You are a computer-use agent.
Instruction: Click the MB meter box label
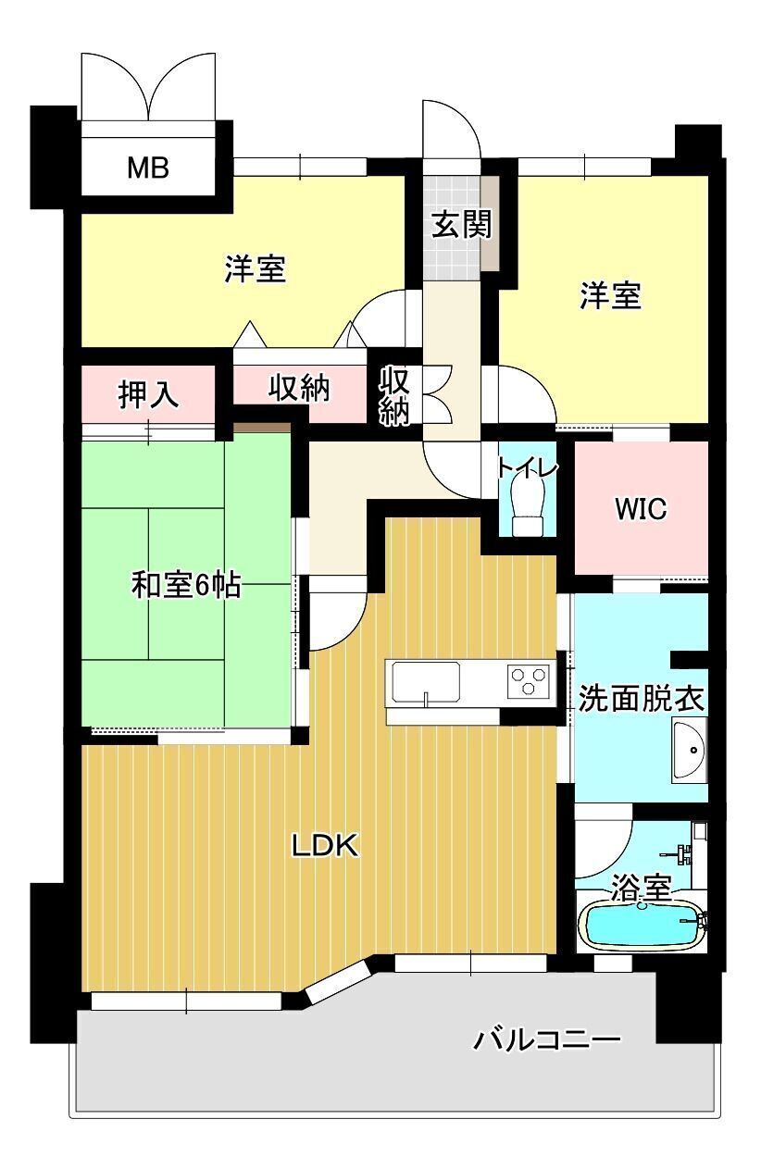tap(148, 168)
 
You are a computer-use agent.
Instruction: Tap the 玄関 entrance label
tap(462, 225)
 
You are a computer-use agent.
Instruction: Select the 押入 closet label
tap(148, 394)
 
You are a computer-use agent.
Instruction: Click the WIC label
tap(641, 509)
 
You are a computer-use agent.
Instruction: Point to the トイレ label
tap(527, 467)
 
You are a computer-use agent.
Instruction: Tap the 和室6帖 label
tap(186, 584)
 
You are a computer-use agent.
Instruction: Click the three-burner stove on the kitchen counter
tap(528, 680)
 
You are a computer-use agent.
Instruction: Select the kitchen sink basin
tap(425, 681)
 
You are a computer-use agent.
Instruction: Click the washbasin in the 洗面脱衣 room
tap(689, 750)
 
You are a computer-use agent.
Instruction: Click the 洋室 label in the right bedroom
tap(610, 295)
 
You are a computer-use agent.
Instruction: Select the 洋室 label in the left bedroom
tap(256, 268)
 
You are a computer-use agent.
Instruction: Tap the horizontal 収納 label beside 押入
tap(299, 388)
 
